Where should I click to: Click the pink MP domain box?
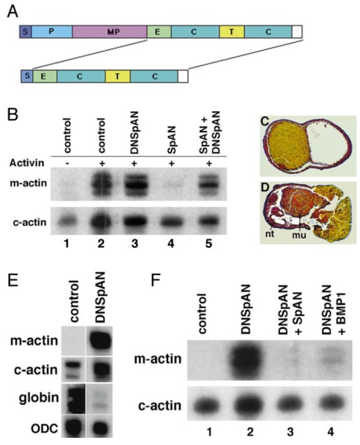coord(109,32)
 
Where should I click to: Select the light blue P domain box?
coord(52,32)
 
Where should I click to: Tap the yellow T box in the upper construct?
coord(232,32)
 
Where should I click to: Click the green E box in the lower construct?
coord(45,76)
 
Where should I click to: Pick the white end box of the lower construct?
coord(183,76)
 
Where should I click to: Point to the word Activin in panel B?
coord(27,163)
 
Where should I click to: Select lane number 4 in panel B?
coord(171,243)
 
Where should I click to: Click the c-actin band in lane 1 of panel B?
coord(67,220)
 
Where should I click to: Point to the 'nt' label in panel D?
coord(269,235)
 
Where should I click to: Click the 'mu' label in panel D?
coord(300,235)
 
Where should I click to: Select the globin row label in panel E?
coord(38,397)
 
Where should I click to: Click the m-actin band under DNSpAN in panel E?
coord(99,340)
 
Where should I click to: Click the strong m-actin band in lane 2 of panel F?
coord(250,360)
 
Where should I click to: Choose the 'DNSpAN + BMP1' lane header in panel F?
coord(332,310)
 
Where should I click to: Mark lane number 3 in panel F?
coord(289,432)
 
